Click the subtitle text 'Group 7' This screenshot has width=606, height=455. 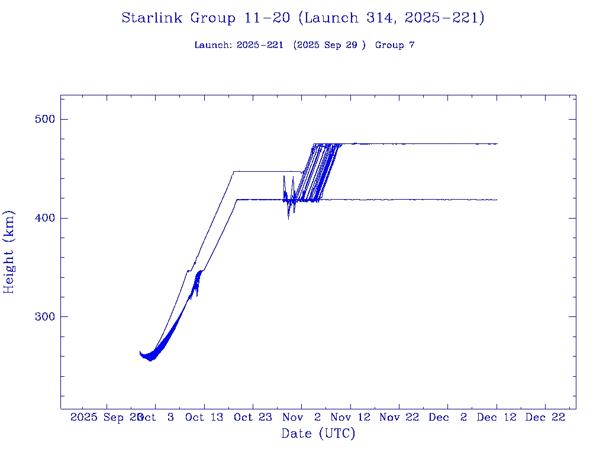coord(395,45)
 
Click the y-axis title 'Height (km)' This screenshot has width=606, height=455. coord(9,251)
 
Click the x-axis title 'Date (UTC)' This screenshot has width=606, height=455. coord(318,434)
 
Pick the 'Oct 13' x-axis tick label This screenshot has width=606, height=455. coord(204,417)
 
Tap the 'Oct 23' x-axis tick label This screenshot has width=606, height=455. coord(253,417)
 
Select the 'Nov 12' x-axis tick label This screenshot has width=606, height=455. coord(350,417)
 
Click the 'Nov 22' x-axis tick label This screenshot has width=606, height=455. coord(399,417)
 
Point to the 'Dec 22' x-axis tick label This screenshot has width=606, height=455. coord(545,417)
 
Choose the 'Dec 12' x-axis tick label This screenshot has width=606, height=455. coord(497,417)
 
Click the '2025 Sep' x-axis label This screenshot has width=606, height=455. coord(96,417)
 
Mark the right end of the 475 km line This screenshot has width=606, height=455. coord(497,144)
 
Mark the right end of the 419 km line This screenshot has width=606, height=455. coord(496,200)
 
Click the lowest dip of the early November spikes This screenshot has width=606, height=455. coord(288,219)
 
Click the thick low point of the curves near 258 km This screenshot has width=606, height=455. coord(151,357)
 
